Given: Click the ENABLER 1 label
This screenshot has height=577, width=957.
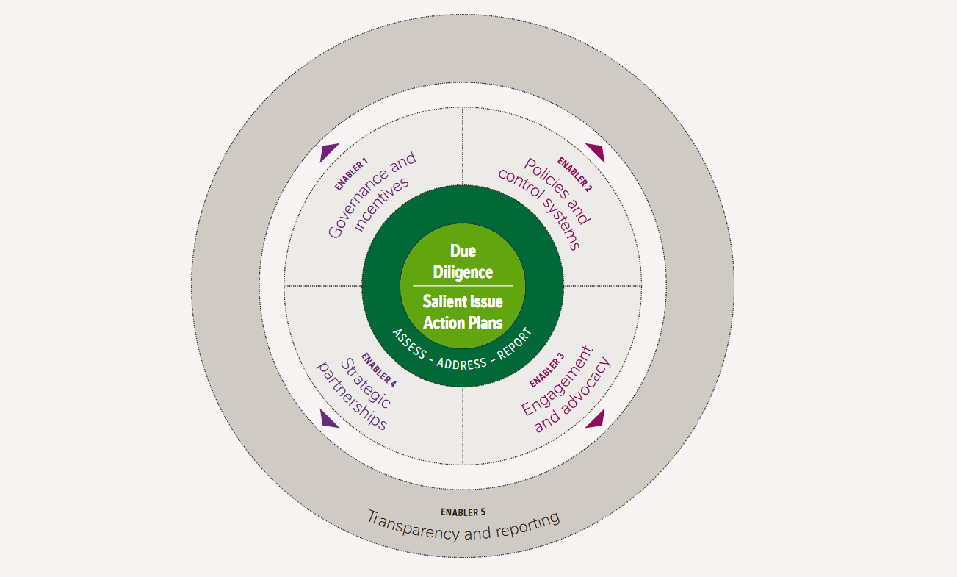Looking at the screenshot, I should coord(351,174).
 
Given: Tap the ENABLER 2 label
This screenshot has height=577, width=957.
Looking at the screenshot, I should coord(574,173).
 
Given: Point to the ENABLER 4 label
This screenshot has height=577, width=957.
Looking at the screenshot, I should coord(379,370).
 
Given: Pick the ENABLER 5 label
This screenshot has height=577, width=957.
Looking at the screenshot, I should coord(463,512).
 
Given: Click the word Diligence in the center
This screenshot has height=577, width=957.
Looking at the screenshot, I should coord(463,272).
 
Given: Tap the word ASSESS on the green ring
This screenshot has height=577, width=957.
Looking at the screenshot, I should coord(408,343).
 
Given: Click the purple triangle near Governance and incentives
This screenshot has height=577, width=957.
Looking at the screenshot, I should coord(329,153).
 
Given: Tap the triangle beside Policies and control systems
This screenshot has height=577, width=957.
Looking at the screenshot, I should coord(596,153).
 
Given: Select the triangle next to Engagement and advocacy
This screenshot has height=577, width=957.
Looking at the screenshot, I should coord(596,418).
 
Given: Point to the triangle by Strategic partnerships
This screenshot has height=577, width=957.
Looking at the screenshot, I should coord(329,418).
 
